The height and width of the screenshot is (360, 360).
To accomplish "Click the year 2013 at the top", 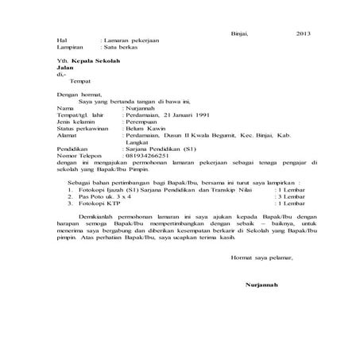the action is (303, 33).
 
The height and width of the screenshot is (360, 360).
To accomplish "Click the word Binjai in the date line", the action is (239, 33).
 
